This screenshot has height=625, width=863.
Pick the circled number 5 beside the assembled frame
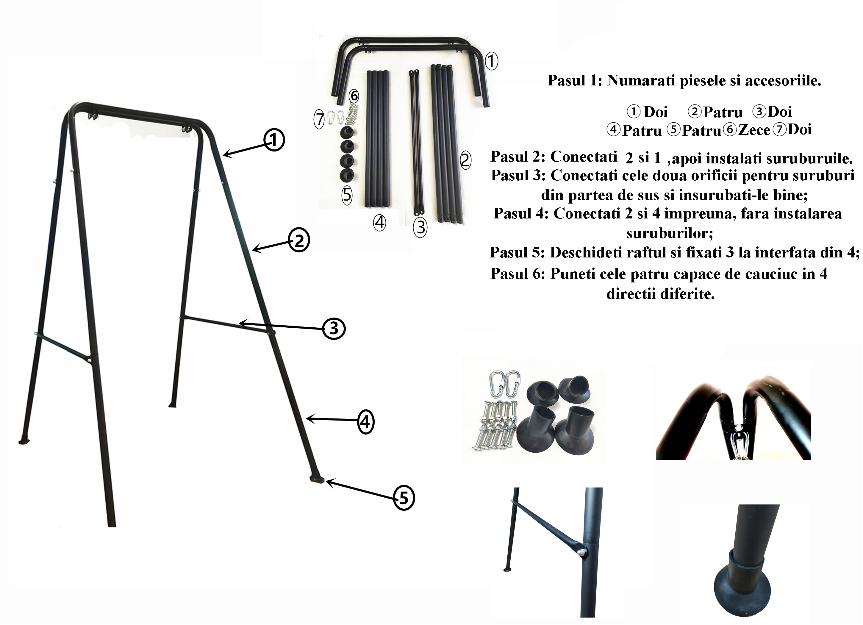pos(403,498)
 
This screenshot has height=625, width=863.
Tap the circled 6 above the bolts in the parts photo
pos(354,96)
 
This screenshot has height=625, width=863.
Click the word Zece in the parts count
pos(754,130)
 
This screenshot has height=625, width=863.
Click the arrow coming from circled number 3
pos(281,326)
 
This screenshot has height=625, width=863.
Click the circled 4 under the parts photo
pos(379,223)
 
